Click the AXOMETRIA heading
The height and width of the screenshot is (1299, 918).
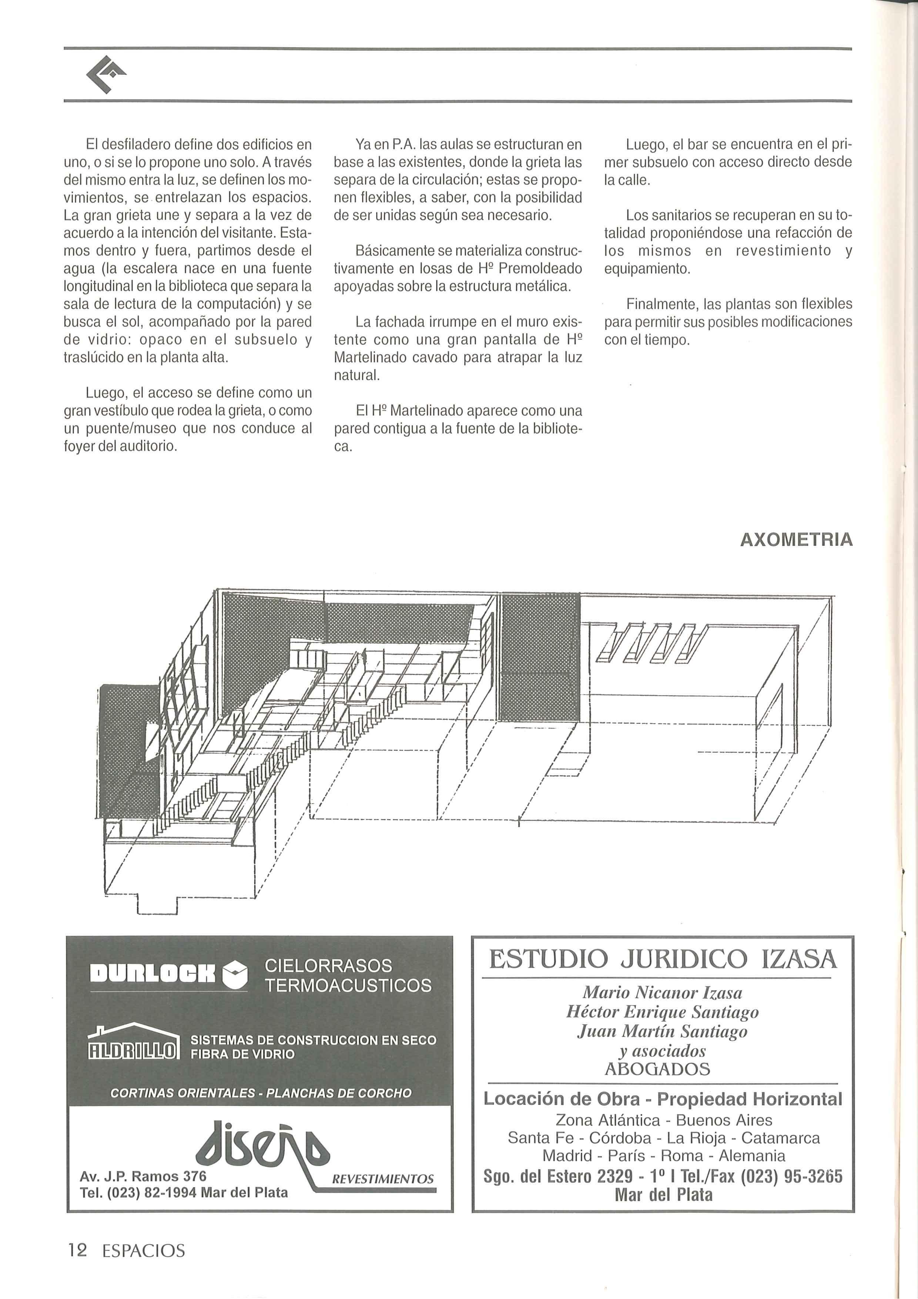pos(796,540)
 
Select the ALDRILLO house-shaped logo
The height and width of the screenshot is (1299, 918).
pos(134,1042)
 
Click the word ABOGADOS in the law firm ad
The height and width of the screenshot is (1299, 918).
pos(657,1069)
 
